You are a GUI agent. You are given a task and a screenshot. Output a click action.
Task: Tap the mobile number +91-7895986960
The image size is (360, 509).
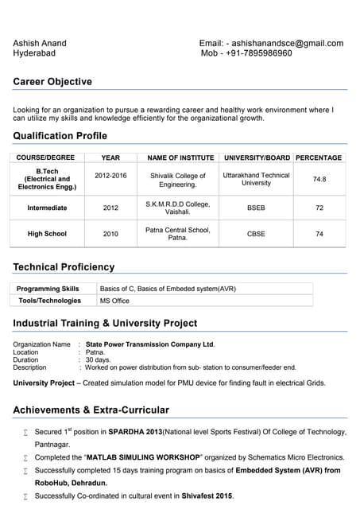[257, 53]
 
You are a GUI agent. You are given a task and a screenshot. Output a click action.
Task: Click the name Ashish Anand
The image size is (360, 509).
[40, 43]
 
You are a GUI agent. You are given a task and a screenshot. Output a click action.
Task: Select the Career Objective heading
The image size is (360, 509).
[52, 82]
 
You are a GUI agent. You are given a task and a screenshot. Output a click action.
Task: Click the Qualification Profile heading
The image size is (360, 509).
[60, 136]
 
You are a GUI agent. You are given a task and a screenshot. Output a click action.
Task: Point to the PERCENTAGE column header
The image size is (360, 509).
[319, 157]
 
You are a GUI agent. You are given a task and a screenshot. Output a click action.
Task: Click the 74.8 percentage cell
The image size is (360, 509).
[319, 180]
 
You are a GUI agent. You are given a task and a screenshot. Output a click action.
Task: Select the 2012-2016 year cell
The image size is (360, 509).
[110, 176]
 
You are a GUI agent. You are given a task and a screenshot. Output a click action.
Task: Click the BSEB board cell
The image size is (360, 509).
[256, 208]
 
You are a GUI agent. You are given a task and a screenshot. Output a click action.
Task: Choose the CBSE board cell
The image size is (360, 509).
[256, 235]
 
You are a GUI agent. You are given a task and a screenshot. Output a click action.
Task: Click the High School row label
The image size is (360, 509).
[47, 235]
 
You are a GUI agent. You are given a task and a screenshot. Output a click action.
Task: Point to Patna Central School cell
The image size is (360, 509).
[178, 234]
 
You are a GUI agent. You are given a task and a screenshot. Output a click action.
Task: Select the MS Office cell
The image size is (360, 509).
[114, 301]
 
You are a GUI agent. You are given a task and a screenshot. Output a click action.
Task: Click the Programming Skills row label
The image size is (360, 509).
[48, 289]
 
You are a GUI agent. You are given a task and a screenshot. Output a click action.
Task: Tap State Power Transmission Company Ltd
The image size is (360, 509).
[150, 344]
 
